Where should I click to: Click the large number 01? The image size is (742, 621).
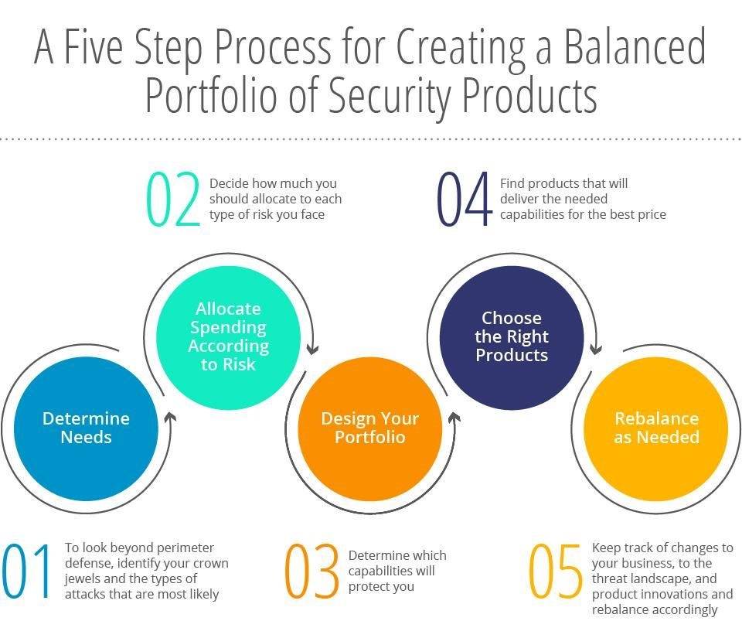tap(27, 571)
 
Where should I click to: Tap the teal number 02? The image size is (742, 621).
tap(174, 198)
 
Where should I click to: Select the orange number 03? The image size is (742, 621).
tap(311, 571)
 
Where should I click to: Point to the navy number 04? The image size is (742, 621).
tap(465, 198)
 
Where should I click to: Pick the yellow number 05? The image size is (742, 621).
tap(555, 571)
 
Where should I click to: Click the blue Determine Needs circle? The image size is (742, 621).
tap(86, 428)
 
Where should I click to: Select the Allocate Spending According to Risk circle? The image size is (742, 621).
tap(229, 337)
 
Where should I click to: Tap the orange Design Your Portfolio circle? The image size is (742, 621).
tap(370, 428)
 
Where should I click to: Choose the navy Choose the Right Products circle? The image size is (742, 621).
tap(512, 337)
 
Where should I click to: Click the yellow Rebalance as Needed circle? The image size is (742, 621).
tap(656, 428)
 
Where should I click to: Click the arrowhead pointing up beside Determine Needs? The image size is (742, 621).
tap(170, 417)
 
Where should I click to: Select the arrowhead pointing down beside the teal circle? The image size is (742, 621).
tap(312, 350)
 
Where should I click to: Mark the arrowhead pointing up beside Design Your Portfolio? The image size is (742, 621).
tap(454, 417)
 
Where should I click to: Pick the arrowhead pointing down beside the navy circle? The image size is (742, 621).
tap(596, 350)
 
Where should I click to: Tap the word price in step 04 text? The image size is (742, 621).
tap(652, 215)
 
